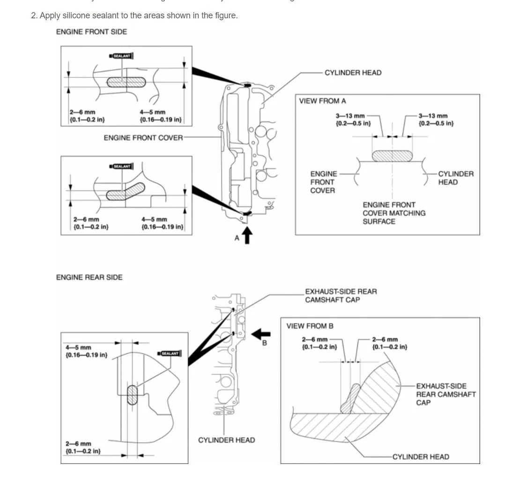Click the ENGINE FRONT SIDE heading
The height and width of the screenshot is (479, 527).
(91, 32)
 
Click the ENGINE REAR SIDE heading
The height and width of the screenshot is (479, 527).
(89, 277)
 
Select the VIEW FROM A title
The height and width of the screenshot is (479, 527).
(323, 101)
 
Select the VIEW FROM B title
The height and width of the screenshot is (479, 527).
(310, 326)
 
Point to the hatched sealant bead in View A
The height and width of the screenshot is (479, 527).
(393, 156)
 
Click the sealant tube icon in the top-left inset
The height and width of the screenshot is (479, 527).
(122, 56)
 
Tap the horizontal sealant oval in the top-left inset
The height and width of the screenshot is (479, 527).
(126, 82)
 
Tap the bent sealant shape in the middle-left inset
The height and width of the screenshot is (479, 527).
(125, 191)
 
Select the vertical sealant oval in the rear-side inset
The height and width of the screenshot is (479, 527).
(133, 395)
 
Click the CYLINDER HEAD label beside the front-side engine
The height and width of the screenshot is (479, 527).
(353, 73)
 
